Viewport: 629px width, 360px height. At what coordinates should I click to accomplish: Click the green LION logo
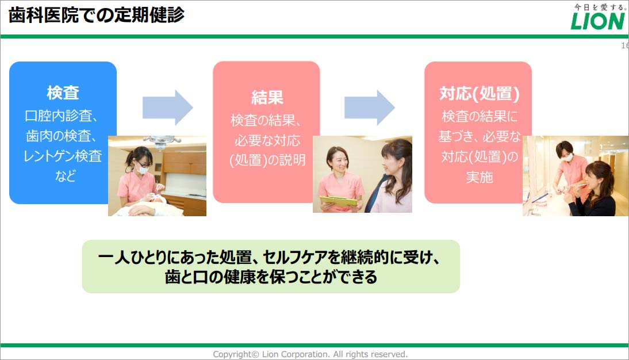pyautogui.click(x=598, y=21)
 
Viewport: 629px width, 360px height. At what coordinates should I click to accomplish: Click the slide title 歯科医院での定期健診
pyautogui.click(x=96, y=16)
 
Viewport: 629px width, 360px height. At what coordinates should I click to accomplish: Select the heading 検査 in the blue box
pyautogui.click(x=63, y=93)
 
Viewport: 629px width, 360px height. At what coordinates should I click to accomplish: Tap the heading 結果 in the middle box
pyautogui.click(x=267, y=97)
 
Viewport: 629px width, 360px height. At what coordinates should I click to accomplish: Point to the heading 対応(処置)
pyautogui.click(x=480, y=94)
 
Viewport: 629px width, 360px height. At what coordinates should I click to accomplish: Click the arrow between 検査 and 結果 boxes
pyautogui.click(x=168, y=108)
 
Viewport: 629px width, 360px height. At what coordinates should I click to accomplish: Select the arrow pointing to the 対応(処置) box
pyautogui.click(x=370, y=108)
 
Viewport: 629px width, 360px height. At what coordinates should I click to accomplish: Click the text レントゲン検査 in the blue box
pyautogui.click(x=63, y=156)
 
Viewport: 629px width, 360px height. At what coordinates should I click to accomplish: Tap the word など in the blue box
pyautogui.click(x=65, y=175)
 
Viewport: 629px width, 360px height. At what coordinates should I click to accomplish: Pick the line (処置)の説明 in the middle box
pyautogui.click(x=267, y=160)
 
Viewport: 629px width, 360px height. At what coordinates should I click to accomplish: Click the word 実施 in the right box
pyautogui.click(x=480, y=177)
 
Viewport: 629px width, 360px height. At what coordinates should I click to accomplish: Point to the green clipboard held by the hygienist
pyautogui.click(x=338, y=202)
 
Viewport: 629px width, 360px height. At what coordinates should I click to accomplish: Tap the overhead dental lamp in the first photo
pyautogui.click(x=161, y=141)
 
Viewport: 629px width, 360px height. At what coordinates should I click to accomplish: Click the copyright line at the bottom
pyautogui.click(x=310, y=354)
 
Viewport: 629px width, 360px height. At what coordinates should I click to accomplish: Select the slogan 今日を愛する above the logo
pyautogui.click(x=599, y=7)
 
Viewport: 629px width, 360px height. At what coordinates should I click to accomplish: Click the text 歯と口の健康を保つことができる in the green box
pyautogui.click(x=271, y=277)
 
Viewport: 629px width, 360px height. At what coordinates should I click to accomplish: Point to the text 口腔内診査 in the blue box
pyautogui.click(x=59, y=116)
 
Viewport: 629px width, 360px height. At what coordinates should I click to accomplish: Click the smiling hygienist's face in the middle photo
pyautogui.click(x=338, y=160)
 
